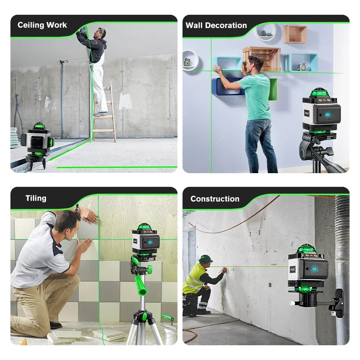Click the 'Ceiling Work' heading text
pos(42,25)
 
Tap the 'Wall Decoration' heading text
pos(216,26)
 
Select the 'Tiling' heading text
pos(36,198)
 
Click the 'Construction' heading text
pos(215,199)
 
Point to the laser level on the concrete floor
pos(38,142)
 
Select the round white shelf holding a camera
pos(190,60)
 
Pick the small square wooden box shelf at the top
pos(295,34)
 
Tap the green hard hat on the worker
pos(206,258)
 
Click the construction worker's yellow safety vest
pos(193,279)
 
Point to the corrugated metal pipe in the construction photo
pos(342,252)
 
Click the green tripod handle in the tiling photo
pos(140,284)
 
